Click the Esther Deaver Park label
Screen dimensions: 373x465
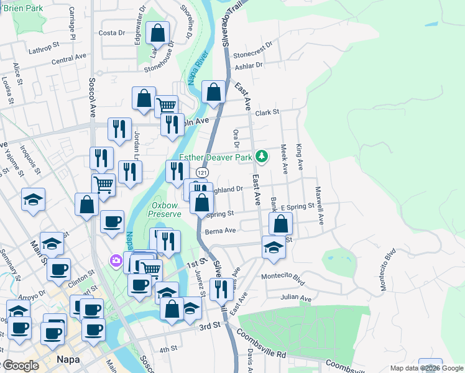click(x=216, y=157)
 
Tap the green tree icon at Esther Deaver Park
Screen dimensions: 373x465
click(x=262, y=156)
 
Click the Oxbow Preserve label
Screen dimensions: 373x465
click(x=166, y=209)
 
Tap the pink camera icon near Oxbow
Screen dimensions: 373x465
click(x=116, y=260)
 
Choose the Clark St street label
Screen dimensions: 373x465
click(x=268, y=113)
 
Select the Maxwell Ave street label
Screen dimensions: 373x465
click(x=320, y=205)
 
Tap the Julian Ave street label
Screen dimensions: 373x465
click(x=295, y=298)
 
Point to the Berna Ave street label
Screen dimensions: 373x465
click(x=221, y=231)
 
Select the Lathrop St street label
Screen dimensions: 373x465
click(x=43, y=45)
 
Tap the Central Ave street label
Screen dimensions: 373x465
click(x=69, y=60)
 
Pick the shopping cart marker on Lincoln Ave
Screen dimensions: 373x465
click(x=166, y=106)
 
